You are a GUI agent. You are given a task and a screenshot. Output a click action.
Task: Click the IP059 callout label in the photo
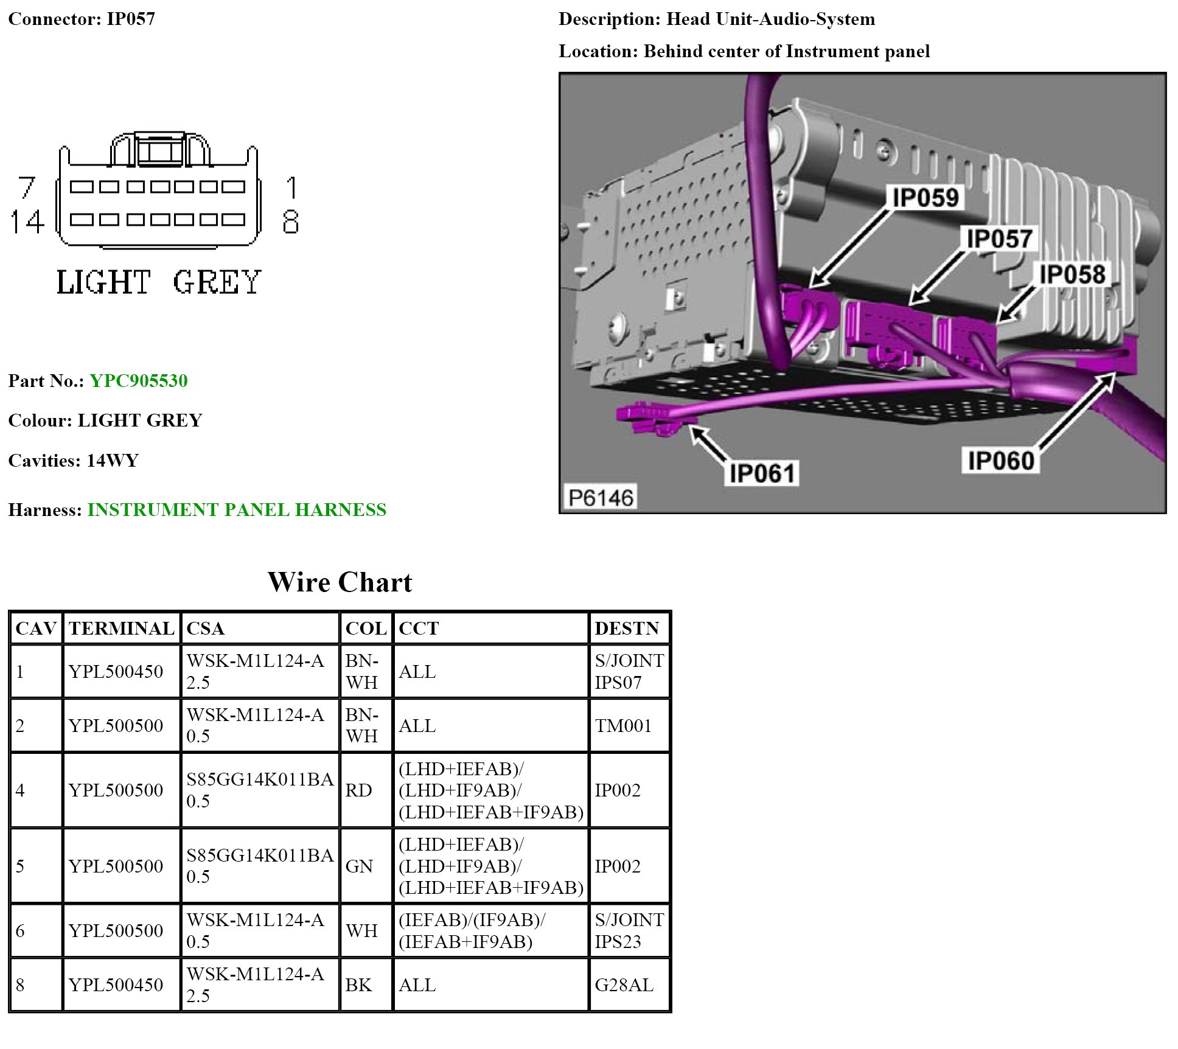pyautogui.click(x=925, y=197)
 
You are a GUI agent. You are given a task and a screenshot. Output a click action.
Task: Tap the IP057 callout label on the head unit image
pyautogui.click(x=999, y=239)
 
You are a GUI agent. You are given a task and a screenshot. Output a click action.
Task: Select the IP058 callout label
pyautogui.click(x=1072, y=274)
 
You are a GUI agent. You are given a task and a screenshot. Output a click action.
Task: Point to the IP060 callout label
pyautogui.click(x=1001, y=461)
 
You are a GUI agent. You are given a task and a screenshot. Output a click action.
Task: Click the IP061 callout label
pyautogui.click(x=762, y=473)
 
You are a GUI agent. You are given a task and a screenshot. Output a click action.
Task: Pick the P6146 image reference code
pyautogui.click(x=601, y=498)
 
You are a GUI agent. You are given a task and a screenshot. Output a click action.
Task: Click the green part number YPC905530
pyautogui.click(x=139, y=381)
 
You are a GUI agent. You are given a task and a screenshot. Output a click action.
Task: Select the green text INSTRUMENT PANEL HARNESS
pyautogui.click(x=237, y=510)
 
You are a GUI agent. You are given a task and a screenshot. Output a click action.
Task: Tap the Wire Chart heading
pyautogui.click(x=340, y=582)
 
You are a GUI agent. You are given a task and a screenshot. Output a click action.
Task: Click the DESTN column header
pyautogui.click(x=627, y=629)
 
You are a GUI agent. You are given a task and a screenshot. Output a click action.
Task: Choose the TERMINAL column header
pyautogui.click(x=121, y=629)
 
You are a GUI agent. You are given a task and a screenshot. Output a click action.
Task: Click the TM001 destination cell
pyautogui.click(x=623, y=725)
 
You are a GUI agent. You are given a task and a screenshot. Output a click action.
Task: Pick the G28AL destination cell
pyautogui.click(x=624, y=985)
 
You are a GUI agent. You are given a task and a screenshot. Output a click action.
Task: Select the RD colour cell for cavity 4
pyautogui.click(x=358, y=790)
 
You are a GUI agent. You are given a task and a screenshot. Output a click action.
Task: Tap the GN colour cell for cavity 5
pyautogui.click(x=359, y=866)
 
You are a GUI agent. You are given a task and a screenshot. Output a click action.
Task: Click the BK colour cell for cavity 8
pyautogui.click(x=358, y=985)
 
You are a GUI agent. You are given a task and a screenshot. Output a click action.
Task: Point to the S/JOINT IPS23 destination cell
pyautogui.click(x=629, y=930)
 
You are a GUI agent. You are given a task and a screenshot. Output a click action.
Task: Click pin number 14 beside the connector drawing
pyautogui.click(x=27, y=221)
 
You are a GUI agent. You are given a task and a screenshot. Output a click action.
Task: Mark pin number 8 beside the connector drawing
pyautogui.click(x=291, y=221)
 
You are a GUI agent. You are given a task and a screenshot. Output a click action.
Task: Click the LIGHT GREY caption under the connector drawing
pyautogui.click(x=159, y=282)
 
